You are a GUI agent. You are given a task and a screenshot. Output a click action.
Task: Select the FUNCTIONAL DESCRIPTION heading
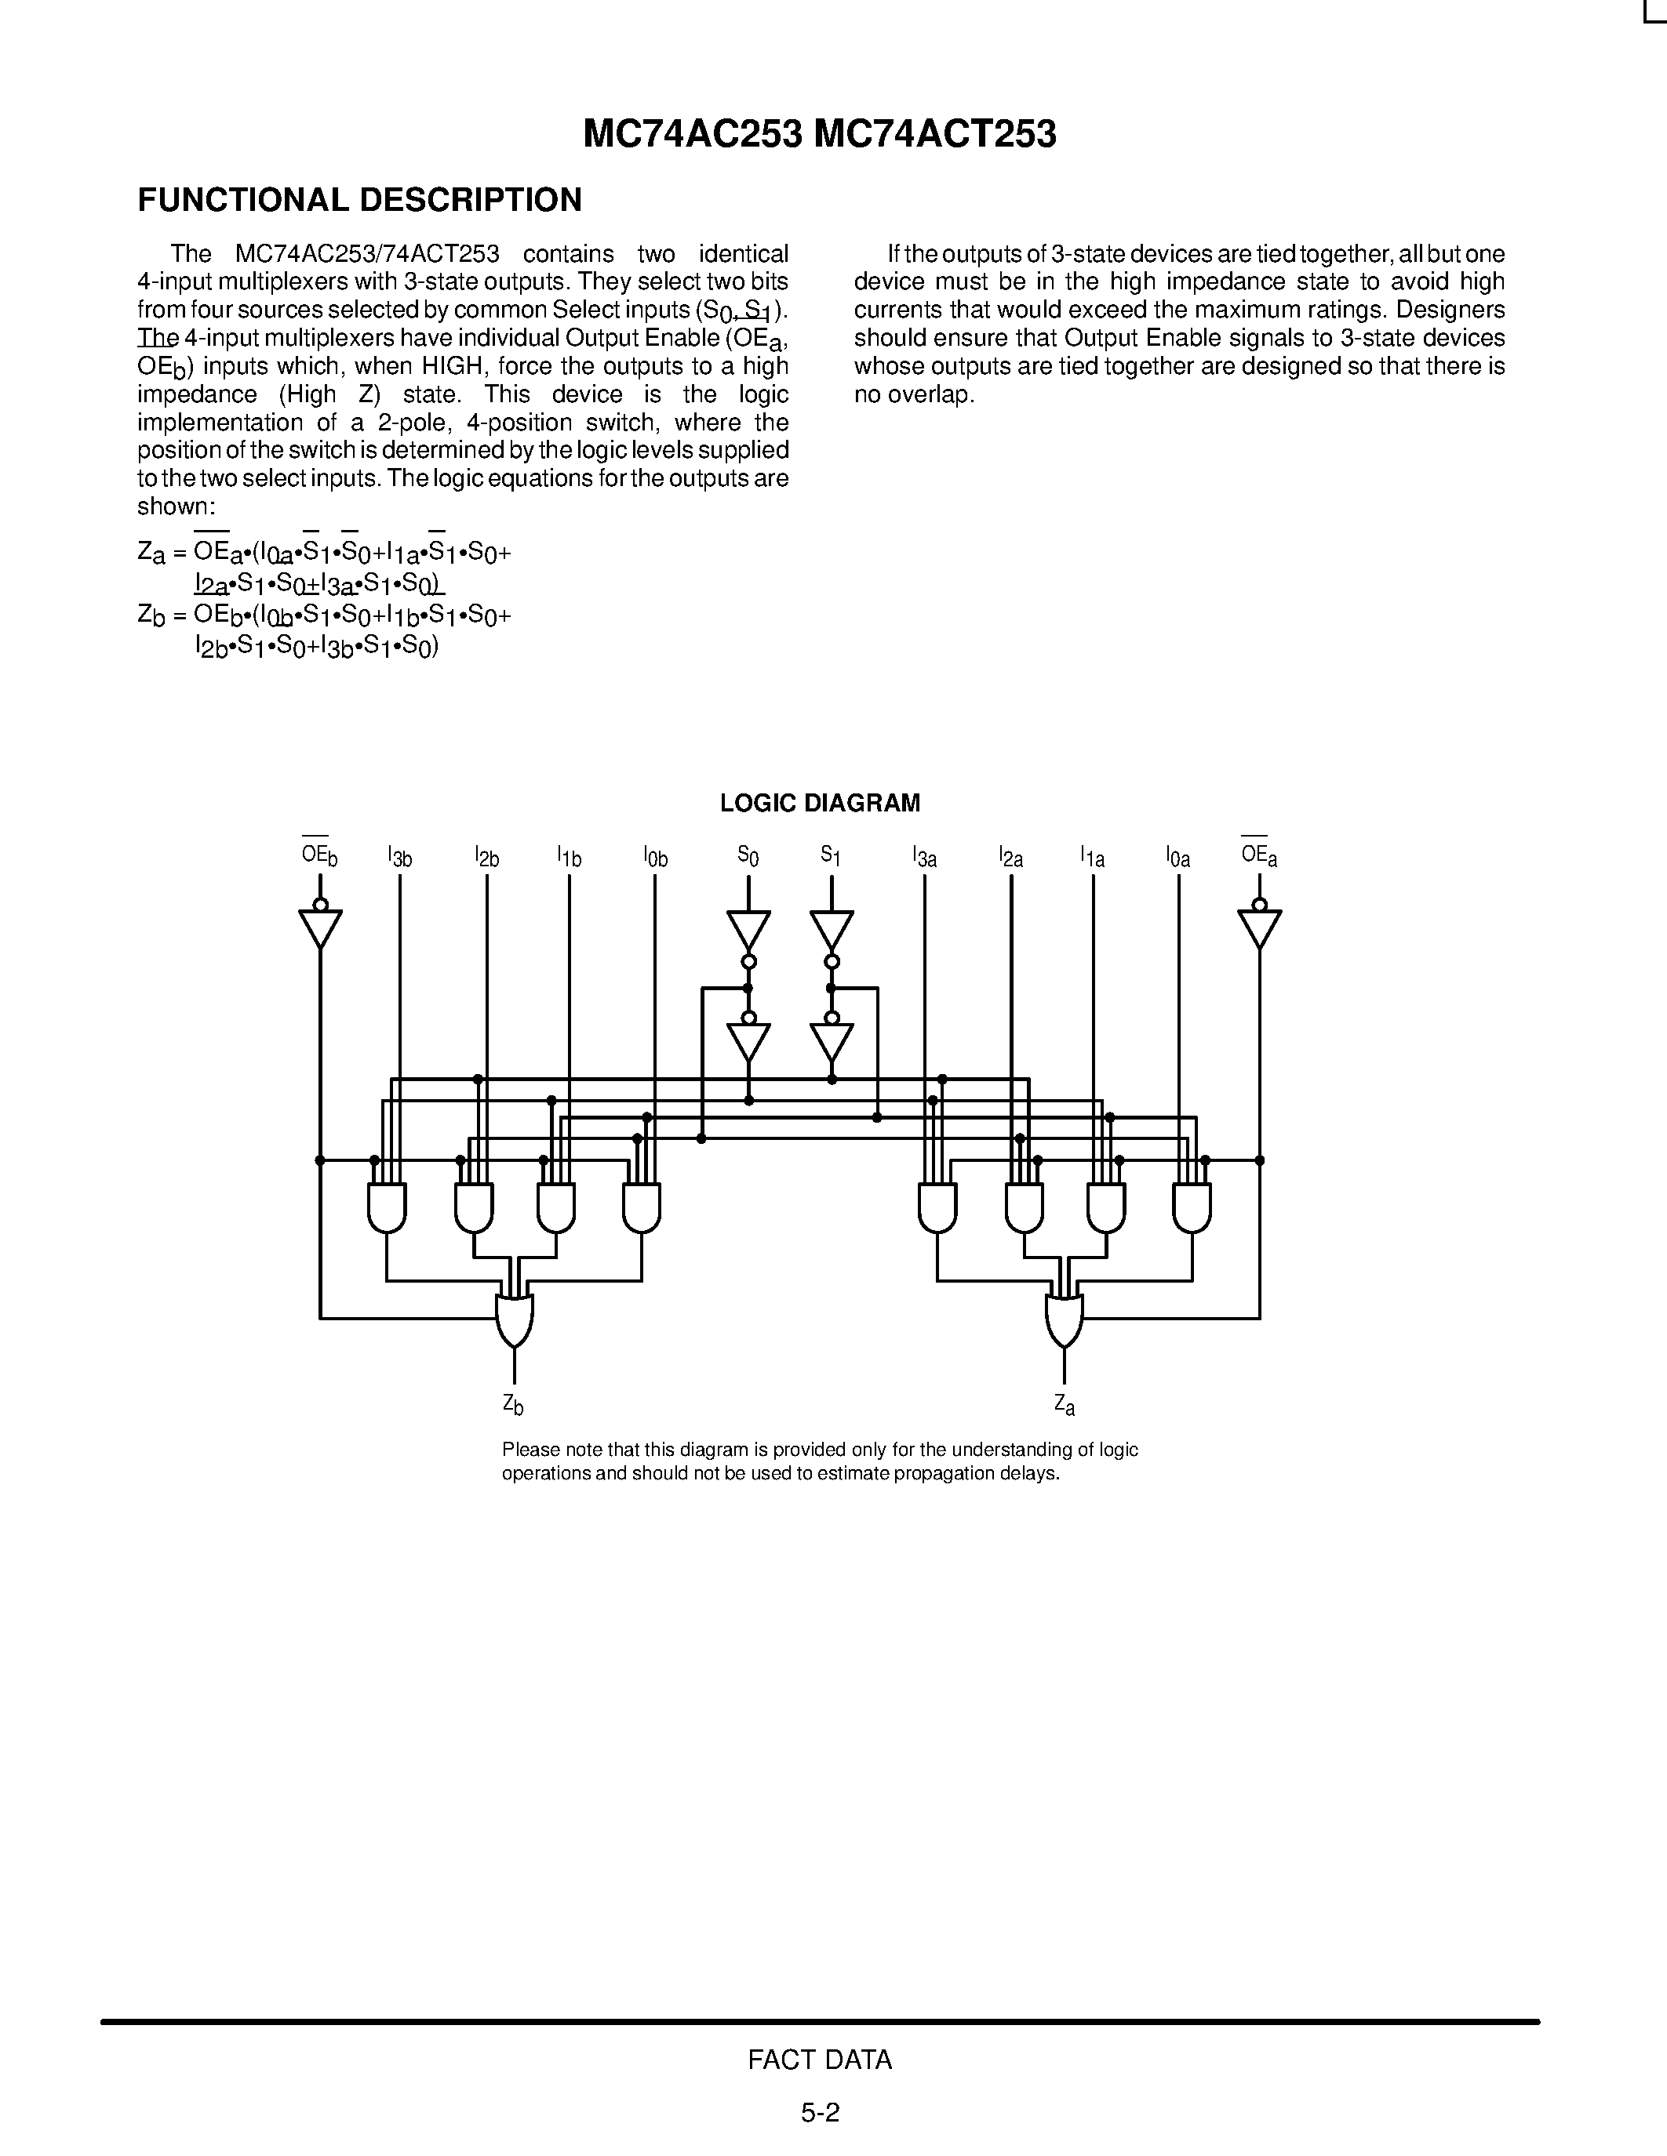(359, 201)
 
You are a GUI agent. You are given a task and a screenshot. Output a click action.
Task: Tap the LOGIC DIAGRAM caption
(820, 803)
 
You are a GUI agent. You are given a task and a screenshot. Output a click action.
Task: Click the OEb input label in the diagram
(319, 855)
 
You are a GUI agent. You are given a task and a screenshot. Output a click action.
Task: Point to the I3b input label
(400, 857)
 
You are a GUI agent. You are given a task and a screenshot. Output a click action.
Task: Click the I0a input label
(1178, 857)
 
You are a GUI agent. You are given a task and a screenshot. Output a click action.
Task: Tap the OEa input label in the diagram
(1259, 855)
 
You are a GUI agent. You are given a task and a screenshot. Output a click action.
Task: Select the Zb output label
(512, 1404)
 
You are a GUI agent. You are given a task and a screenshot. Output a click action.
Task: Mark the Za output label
(1064, 1404)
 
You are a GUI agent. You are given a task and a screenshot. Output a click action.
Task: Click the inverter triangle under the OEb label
(320, 927)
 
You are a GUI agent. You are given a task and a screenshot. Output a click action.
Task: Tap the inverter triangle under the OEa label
(1259, 927)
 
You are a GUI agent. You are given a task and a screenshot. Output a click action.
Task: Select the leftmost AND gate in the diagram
(387, 1207)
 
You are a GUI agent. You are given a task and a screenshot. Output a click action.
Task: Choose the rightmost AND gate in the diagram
(1192, 1207)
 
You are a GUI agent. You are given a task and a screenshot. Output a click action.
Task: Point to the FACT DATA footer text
(820, 2060)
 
